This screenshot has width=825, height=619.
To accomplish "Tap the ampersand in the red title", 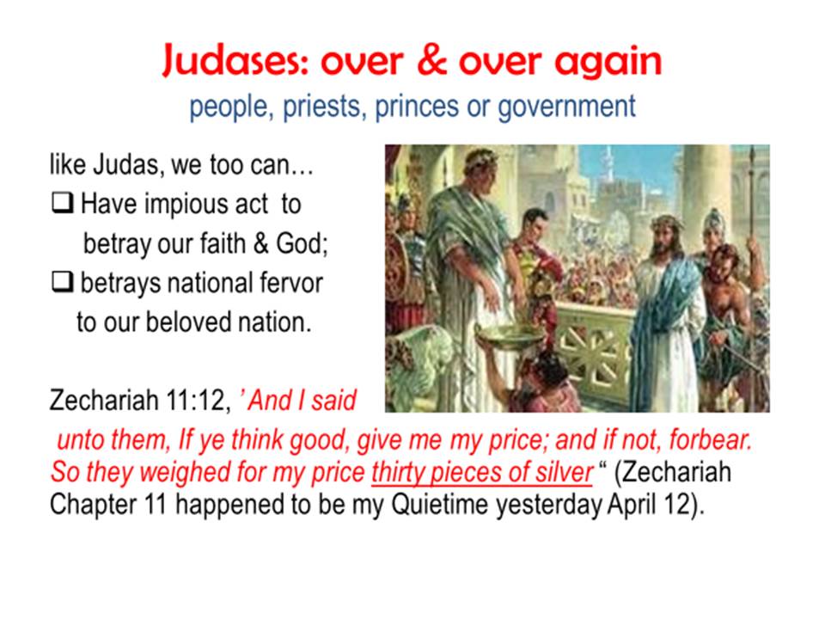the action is (x=432, y=59).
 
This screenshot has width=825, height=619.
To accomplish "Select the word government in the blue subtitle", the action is (x=566, y=107).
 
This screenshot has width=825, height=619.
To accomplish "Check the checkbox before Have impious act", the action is (x=62, y=203).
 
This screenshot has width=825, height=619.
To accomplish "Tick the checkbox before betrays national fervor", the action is (x=62, y=282).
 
